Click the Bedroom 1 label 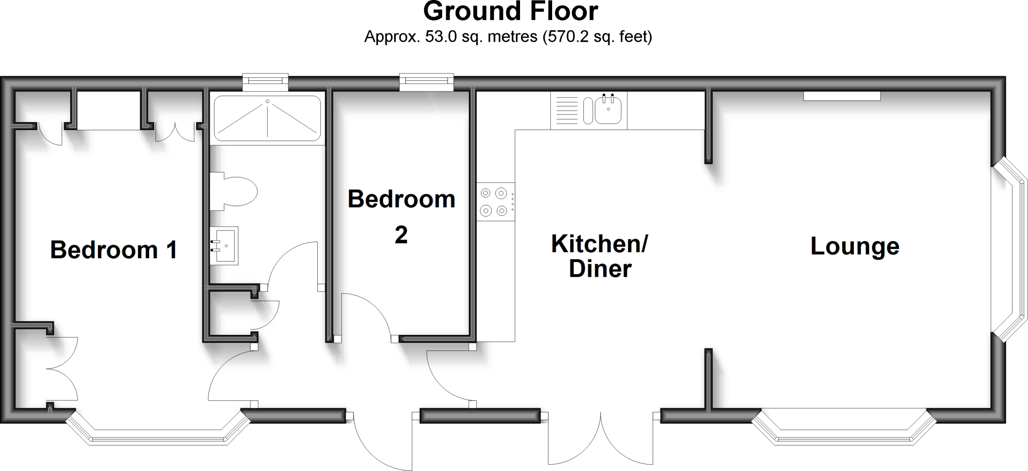click(113, 250)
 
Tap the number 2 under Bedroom click(401, 235)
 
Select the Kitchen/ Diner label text click(600, 256)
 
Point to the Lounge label click(854, 247)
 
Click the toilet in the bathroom click(234, 191)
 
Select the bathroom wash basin click(224, 246)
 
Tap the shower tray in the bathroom click(267, 119)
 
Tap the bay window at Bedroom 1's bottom click(158, 429)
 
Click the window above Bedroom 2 click(426, 83)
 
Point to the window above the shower click(265, 83)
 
